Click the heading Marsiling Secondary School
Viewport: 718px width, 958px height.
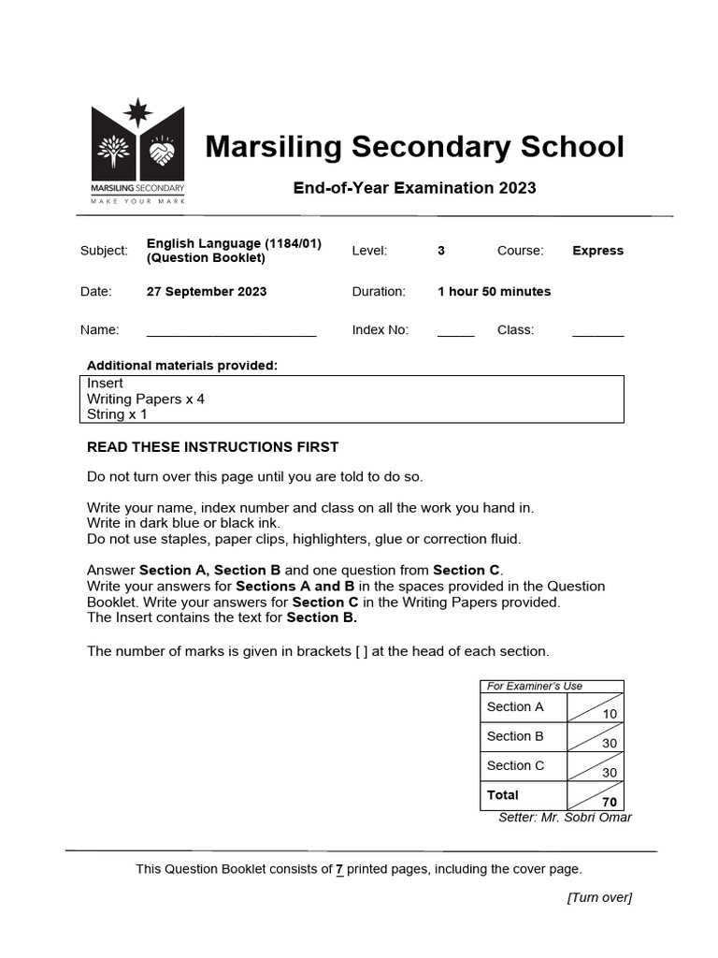pyautogui.click(x=414, y=147)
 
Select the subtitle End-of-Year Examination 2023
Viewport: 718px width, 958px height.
pyautogui.click(x=414, y=188)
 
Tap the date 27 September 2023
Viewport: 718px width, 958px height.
pyautogui.click(x=206, y=292)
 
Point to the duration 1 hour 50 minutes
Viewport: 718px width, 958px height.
pyautogui.click(x=494, y=292)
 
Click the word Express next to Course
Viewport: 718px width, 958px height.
pyautogui.click(x=597, y=251)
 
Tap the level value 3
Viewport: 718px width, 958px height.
pyautogui.click(x=441, y=251)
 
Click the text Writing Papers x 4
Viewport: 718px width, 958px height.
pyautogui.click(x=146, y=399)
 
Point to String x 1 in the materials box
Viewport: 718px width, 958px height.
pyautogui.click(x=117, y=414)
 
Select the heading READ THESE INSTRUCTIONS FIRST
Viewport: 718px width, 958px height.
pyautogui.click(x=212, y=447)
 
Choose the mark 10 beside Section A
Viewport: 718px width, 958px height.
pyautogui.click(x=610, y=714)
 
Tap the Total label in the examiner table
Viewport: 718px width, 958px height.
pyautogui.click(x=503, y=795)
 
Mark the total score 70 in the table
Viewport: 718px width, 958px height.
pyautogui.click(x=610, y=802)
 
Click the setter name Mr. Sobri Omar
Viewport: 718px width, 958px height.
pyautogui.click(x=565, y=818)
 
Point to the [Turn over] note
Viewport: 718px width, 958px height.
pyautogui.click(x=599, y=898)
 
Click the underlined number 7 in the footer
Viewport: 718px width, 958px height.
pyautogui.click(x=339, y=869)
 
